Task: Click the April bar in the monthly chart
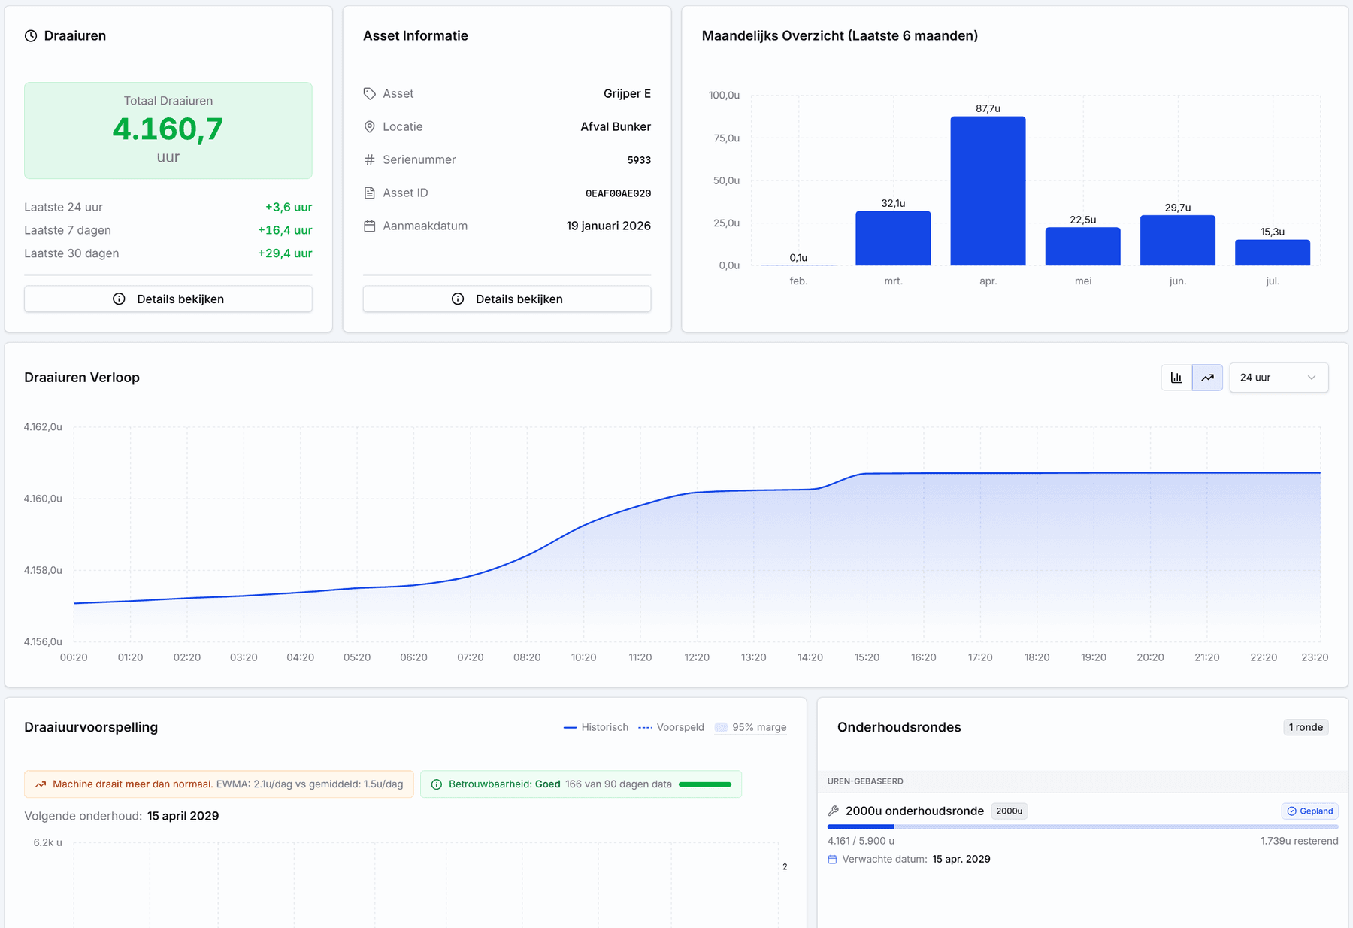988,191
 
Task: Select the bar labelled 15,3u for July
1273,253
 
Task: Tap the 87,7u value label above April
988,108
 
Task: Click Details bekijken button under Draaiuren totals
168,299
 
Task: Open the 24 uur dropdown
1279,378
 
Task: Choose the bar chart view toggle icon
1176,378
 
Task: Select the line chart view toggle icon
1207,378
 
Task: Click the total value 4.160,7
168,129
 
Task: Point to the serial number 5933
639,160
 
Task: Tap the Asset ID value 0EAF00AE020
618,193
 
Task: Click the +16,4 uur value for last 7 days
285,230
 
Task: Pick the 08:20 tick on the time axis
527,657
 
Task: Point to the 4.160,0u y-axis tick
43,499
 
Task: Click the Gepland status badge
1310,811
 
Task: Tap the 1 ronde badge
1306,727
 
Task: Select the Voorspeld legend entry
671,727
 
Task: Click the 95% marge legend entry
751,727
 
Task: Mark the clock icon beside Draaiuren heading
31,36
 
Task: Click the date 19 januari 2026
609,226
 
